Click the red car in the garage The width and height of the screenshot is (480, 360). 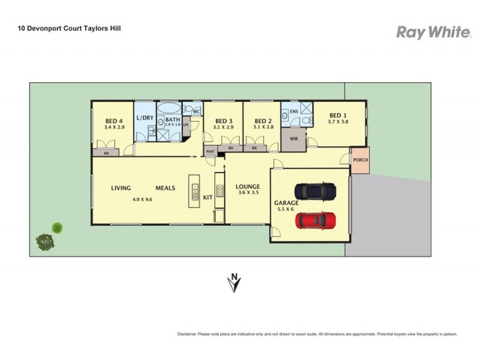(x=315, y=220)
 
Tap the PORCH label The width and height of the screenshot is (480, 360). (x=361, y=160)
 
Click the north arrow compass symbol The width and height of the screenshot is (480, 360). (x=234, y=283)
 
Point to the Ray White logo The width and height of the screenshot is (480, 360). (x=433, y=32)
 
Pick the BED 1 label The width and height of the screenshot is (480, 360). (x=338, y=115)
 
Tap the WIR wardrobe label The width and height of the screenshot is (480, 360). (x=294, y=139)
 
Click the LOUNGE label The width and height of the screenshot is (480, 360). (x=247, y=187)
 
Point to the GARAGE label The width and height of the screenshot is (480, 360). (x=286, y=203)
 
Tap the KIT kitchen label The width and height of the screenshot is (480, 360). (x=208, y=197)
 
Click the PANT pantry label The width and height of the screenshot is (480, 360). (x=210, y=151)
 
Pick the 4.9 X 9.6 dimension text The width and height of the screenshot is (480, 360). (x=142, y=200)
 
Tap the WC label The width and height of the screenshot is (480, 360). (x=196, y=111)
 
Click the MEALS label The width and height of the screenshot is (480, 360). (x=165, y=188)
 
